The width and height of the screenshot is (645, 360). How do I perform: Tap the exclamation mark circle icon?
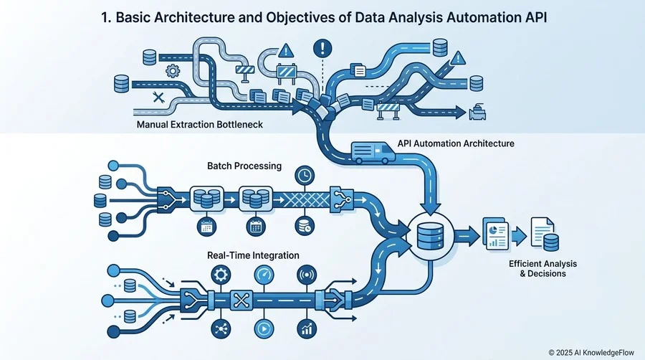point(322,49)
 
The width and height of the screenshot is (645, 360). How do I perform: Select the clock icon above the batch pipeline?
point(305,176)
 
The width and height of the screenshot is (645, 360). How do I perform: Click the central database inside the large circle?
point(430,236)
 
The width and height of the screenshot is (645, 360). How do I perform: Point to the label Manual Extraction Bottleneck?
point(199,124)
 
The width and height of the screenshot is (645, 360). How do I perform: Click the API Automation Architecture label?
point(456,143)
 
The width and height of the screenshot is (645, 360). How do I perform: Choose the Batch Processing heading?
point(244,166)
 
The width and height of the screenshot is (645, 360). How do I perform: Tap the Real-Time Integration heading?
point(253,255)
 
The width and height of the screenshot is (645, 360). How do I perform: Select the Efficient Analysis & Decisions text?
point(543,269)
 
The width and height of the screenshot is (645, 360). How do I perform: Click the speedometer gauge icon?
point(264,275)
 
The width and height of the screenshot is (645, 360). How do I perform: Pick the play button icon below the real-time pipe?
point(264,328)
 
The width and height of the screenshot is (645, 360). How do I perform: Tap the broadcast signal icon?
point(307,275)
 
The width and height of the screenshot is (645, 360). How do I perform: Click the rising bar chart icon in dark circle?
point(307,328)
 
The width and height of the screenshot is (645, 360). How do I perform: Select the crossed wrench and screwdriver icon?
point(158,98)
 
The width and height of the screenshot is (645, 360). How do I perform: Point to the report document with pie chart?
point(496,233)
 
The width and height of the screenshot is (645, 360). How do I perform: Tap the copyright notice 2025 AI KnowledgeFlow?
point(591,353)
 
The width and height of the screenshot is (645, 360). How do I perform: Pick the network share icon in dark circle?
point(221,328)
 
